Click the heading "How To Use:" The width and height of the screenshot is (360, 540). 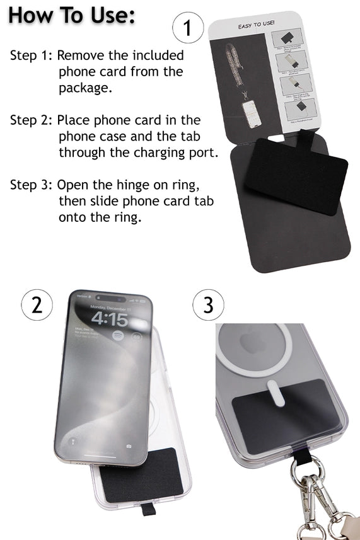click(71, 16)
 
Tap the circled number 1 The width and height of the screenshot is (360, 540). click(187, 29)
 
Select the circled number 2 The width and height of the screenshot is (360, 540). click(37, 305)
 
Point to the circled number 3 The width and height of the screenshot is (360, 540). click(208, 306)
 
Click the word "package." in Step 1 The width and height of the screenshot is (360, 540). click(86, 88)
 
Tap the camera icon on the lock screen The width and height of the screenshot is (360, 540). click(129, 446)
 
